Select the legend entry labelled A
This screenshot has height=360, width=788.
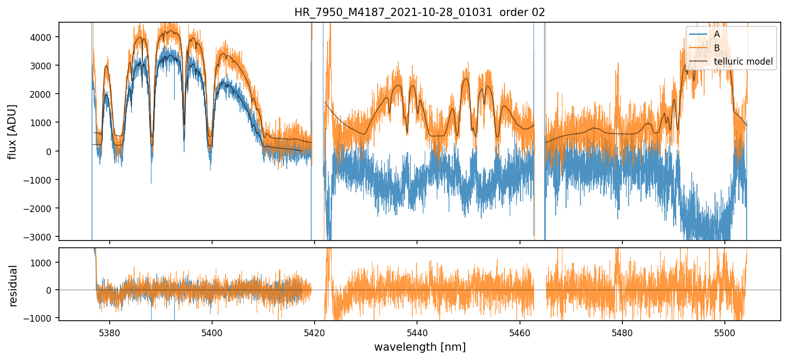(717, 34)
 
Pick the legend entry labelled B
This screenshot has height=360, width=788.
(717, 48)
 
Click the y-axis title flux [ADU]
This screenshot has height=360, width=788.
(12, 131)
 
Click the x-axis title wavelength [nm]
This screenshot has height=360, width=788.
(420, 347)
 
